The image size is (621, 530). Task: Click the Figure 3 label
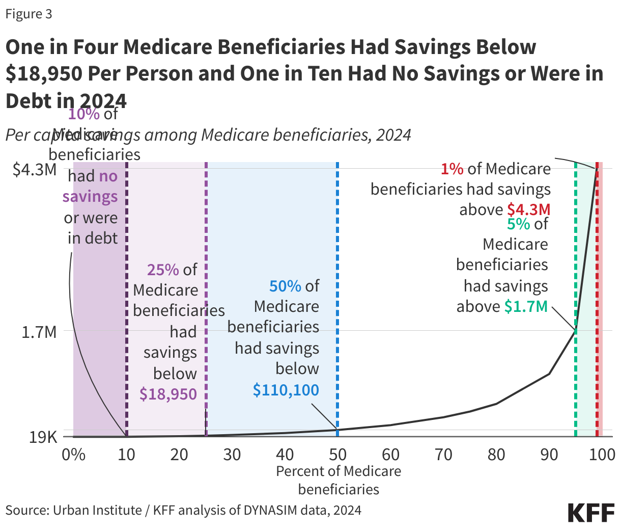click(29, 14)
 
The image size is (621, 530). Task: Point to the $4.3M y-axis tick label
click(35, 169)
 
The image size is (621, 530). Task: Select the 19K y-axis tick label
click(43, 437)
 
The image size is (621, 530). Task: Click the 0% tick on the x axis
click(73, 454)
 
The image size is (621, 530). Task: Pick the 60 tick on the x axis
click(390, 454)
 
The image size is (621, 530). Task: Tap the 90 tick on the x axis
click(549, 454)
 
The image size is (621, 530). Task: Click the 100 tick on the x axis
click(602, 454)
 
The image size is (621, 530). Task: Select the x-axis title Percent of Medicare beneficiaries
click(338, 480)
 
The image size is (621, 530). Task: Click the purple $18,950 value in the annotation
click(168, 394)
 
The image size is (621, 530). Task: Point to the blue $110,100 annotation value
click(286, 390)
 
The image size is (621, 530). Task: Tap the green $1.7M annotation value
click(526, 306)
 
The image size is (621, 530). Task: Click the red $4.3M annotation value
click(529, 209)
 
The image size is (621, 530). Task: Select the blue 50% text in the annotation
click(285, 286)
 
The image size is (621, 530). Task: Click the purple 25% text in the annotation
click(163, 270)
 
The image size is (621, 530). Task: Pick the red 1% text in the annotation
click(452, 169)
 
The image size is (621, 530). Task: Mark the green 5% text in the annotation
click(519, 224)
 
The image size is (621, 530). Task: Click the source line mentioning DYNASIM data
click(183, 510)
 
